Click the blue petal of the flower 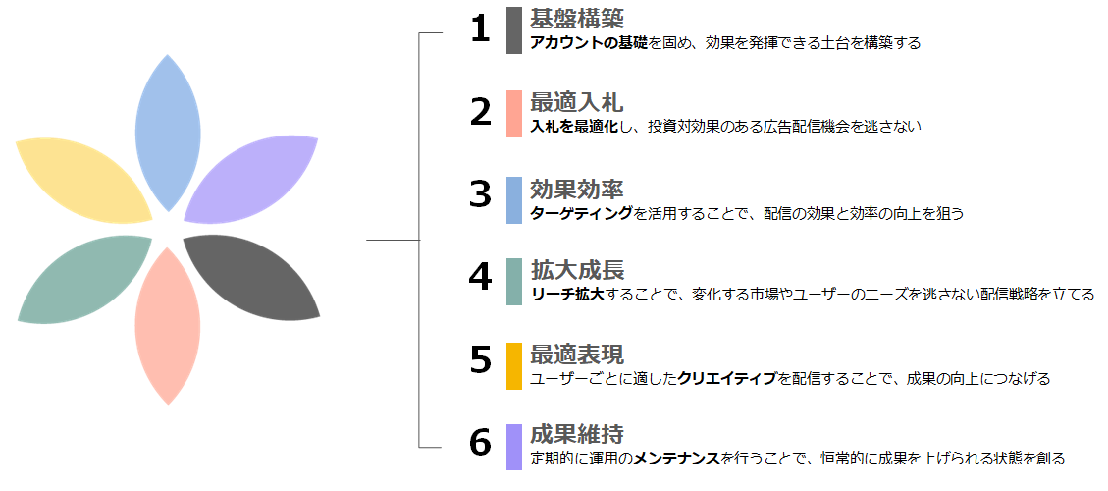coord(168,133)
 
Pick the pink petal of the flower coord(168,324)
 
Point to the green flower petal coord(84,280)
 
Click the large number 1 coord(480,30)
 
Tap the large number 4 coord(480,279)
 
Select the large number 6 coord(480,444)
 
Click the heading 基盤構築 coord(577,19)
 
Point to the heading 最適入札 coord(577,103)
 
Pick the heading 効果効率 coord(577,188)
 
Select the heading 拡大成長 coord(577,270)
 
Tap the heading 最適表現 coord(577,355)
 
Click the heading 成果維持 coord(577,435)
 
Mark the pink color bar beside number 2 coord(514,114)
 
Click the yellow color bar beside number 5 coord(514,365)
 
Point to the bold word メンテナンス coord(676,459)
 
